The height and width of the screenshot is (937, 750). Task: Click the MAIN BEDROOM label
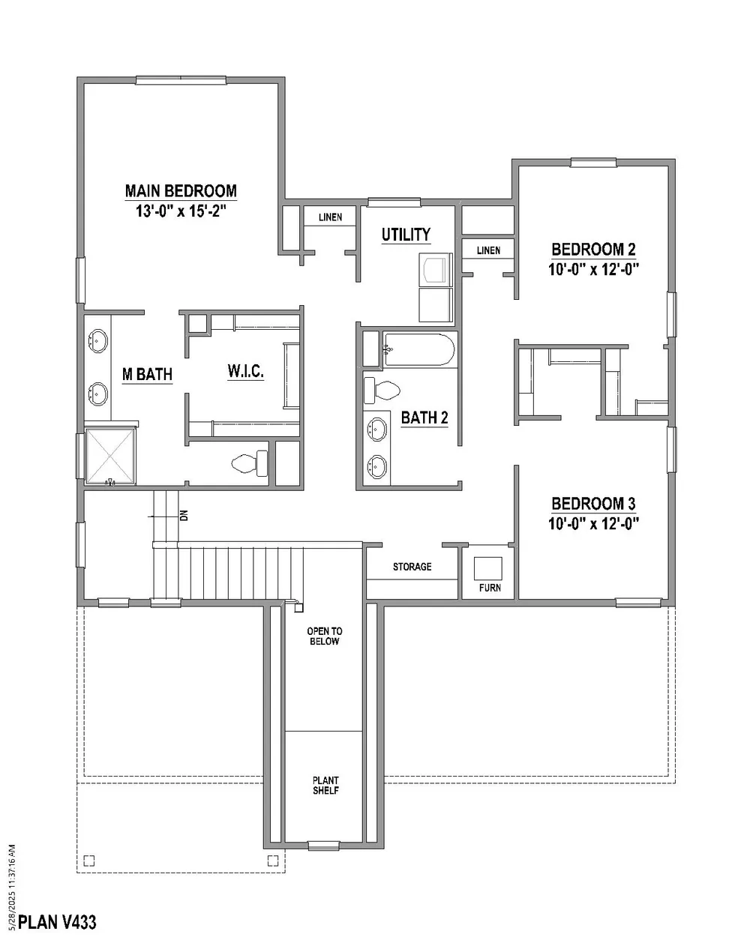tap(181, 190)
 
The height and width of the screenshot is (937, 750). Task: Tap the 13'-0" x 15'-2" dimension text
tap(181, 211)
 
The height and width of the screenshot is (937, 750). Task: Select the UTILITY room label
tap(406, 235)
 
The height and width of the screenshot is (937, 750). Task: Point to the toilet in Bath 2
tap(382, 390)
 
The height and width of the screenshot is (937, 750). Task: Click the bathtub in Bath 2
tap(418, 349)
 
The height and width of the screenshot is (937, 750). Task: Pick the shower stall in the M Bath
tap(110, 457)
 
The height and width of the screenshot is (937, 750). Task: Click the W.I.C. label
tap(245, 371)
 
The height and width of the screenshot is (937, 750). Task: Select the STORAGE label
tap(412, 567)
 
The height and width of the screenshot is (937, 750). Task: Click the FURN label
tap(490, 588)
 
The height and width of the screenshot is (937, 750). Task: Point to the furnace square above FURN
tap(487, 568)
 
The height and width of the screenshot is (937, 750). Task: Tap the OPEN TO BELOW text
tap(325, 636)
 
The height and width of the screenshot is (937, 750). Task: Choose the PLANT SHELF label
tap(325, 785)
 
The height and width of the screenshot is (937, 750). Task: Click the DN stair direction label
tap(184, 516)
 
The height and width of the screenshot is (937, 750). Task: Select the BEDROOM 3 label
tap(593, 503)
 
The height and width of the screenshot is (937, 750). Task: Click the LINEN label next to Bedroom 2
tap(488, 250)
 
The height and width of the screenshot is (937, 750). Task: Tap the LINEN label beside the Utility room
tap(330, 217)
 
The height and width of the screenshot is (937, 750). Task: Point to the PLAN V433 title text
tap(57, 922)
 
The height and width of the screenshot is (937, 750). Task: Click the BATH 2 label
tap(424, 418)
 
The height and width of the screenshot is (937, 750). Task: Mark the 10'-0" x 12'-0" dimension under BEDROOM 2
tap(593, 270)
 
